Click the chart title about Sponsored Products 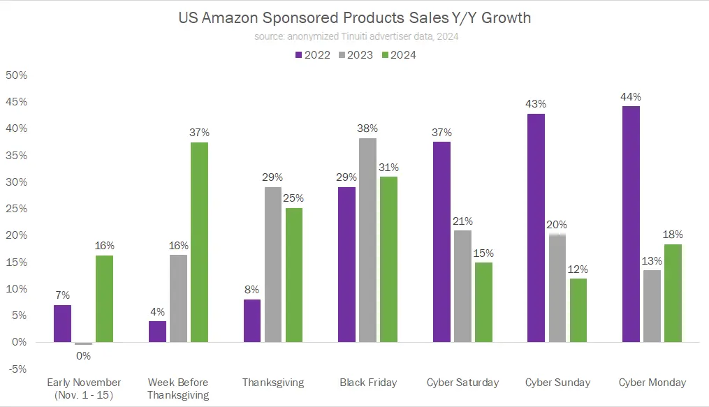(x=355, y=18)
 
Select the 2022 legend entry (x=312, y=54)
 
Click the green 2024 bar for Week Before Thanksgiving (x=199, y=242)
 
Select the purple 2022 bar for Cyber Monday (x=631, y=224)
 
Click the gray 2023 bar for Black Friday (x=367, y=240)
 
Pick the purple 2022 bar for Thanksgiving (x=252, y=320)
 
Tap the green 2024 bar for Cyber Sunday (x=578, y=310)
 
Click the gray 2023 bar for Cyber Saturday (x=462, y=286)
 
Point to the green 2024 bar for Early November (x=104, y=299)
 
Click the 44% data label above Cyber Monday (x=631, y=97)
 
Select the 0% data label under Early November (x=83, y=355)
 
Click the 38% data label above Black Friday (x=367, y=128)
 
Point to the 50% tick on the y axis (x=16, y=75)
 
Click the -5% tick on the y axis (x=16, y=369)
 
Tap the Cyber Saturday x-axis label (x=462, y=383)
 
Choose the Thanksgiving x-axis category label (x=273, y=383)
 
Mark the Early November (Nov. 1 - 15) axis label (x=84, y=389)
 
